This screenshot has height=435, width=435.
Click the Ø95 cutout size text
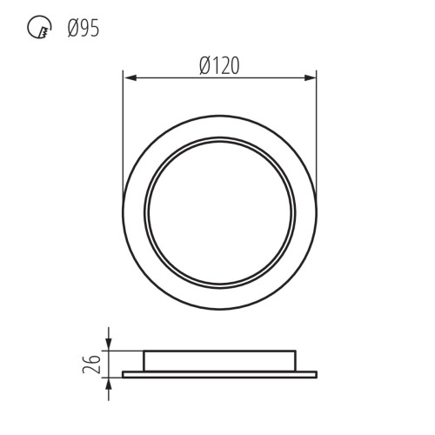click(83, 30)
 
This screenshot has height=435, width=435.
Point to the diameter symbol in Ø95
click(71, 30)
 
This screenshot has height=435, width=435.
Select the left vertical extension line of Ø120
click(124, 130)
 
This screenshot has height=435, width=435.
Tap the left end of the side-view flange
click(124, 375)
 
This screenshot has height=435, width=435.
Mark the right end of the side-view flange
click(316, 375)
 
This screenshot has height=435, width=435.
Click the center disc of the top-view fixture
click(220, 212)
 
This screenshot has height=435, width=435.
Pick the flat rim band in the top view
click(134, 212)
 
